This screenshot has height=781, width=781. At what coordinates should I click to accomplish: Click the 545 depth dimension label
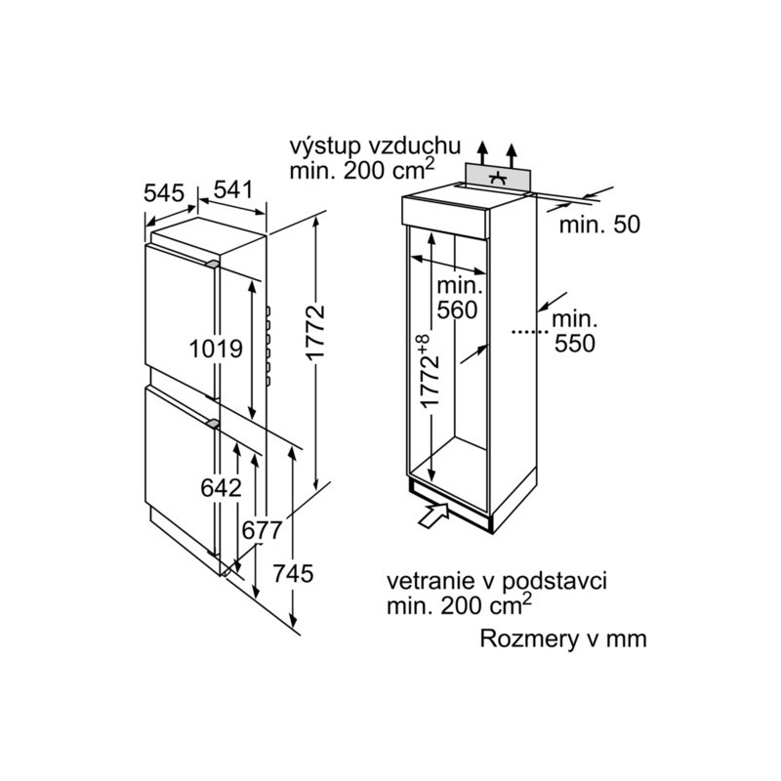(164, 192)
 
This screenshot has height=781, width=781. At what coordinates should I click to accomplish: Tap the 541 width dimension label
(233, 189)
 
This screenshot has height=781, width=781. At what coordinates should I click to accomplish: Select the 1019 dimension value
(216, 349)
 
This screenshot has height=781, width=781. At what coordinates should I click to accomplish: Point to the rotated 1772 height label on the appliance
(315, 332)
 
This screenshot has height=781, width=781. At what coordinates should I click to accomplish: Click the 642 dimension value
(221, 488)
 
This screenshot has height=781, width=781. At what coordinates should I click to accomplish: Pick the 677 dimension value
(262, 530)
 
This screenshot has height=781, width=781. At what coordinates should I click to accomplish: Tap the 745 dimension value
(293, 573)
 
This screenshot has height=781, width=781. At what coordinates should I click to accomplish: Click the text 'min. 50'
(599, 225)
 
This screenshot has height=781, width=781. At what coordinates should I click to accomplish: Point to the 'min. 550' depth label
(574, 331)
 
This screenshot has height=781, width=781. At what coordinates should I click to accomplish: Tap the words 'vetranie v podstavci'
(497, 581)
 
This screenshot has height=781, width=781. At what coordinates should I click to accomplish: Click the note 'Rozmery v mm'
(563, 638)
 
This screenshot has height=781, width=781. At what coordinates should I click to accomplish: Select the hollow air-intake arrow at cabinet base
(433, 514)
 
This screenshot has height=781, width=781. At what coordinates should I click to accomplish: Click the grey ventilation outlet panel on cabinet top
(498, 178)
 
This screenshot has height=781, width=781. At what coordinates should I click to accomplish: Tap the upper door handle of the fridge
(212, 264)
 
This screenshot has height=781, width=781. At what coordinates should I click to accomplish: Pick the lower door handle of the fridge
(213, 424)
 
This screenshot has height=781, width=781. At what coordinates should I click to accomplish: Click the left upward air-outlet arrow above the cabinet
(481, 152)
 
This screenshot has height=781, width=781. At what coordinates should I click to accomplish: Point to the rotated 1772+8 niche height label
(429, 370)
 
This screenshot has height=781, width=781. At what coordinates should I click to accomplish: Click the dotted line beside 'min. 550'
(530, 331)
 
